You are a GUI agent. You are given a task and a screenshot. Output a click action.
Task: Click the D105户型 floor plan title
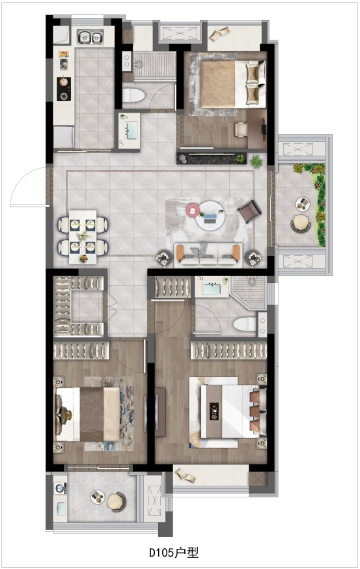tap(174, 553)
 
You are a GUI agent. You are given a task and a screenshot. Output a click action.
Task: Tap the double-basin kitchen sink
tap(90, 37)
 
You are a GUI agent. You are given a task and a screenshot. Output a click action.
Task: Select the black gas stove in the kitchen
tap(64, 89)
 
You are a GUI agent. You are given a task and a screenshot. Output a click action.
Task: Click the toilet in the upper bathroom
tap(133, 95)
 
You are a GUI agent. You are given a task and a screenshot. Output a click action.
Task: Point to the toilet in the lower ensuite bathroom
tap(245, 324)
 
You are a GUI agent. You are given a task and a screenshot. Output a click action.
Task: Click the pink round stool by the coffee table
tap(193, 210)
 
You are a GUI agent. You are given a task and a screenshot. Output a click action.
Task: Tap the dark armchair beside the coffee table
tap(250, 211)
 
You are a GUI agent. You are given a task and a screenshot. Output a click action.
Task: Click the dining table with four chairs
tap(83, 236)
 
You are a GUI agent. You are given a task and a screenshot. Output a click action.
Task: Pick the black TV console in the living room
tap(212, 158)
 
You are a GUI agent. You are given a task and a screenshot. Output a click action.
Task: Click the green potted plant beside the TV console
tap(256, 161)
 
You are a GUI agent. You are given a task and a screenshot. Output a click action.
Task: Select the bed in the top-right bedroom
tap(232, 84)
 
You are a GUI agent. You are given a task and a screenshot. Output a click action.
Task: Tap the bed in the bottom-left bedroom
tap(87, 415)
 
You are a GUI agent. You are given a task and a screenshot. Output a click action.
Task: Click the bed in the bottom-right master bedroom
tap(233, 412)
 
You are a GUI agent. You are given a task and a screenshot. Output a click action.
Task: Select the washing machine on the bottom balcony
tap(60, 488)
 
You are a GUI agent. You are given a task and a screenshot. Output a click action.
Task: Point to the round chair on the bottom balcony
tap(116, 502)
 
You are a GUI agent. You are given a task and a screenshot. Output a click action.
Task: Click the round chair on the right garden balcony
tap(301, 223)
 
